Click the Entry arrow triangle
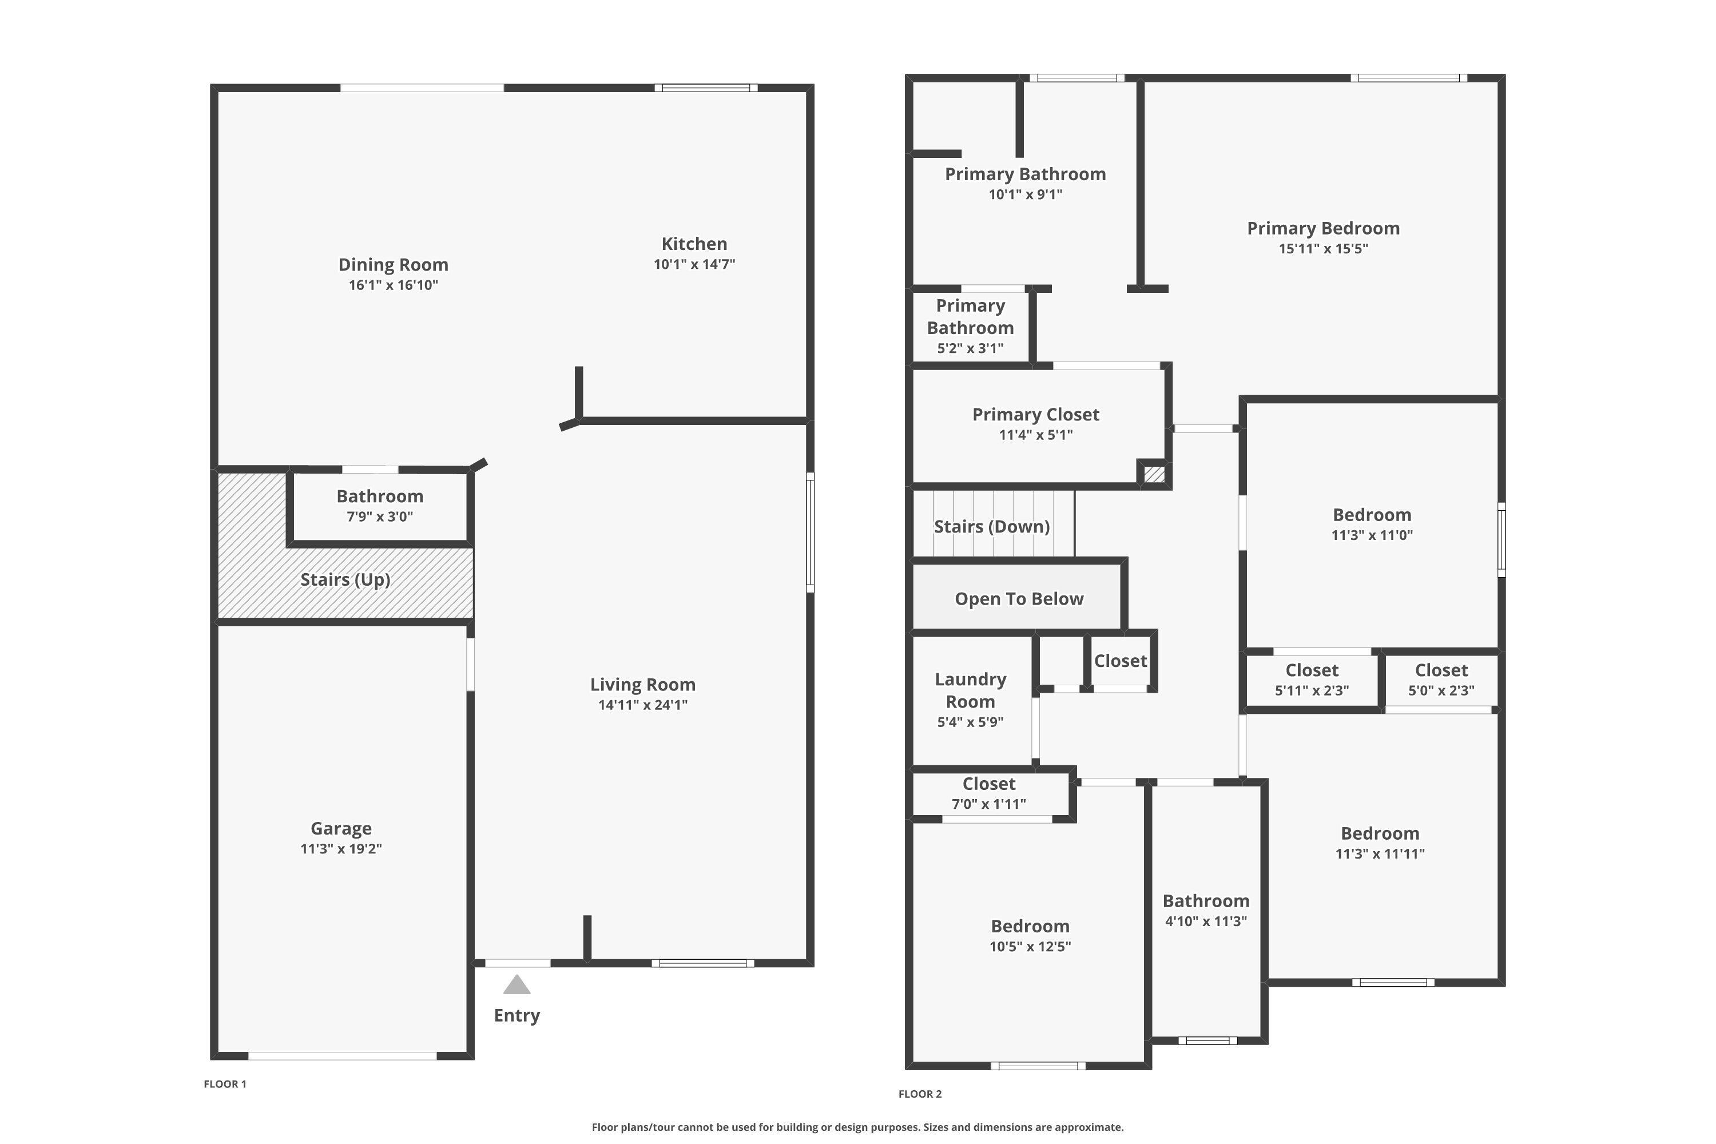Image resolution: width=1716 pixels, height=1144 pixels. click(517, 985)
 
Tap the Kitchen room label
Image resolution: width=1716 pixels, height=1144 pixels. click(694, 244)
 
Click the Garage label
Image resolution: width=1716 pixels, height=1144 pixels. click(341, 828)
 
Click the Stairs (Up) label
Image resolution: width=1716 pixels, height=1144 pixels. click(345, 579)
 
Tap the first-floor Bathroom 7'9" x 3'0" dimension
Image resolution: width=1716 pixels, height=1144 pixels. click(379, 517)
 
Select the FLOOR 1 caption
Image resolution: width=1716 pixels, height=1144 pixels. click(225, 1083)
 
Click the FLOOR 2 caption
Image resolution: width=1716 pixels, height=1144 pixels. click(920, 1094)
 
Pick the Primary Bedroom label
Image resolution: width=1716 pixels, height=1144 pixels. click(1322, 228)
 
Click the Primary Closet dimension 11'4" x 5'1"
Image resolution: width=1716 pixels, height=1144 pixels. click(1035, 435)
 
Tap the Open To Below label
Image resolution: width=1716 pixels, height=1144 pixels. click(1019, 599)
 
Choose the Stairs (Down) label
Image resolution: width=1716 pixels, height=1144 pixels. click(991, 527)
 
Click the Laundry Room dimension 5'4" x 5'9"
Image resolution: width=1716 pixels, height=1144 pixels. click(970, 721)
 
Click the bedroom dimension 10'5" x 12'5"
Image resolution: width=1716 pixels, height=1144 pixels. click(1030, 946)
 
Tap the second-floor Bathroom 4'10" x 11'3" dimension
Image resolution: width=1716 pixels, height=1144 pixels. click(1205, 921)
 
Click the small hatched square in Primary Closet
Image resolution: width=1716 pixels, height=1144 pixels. click(1154, 474)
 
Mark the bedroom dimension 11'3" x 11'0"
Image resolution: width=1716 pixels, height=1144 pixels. click(1372, 535)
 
